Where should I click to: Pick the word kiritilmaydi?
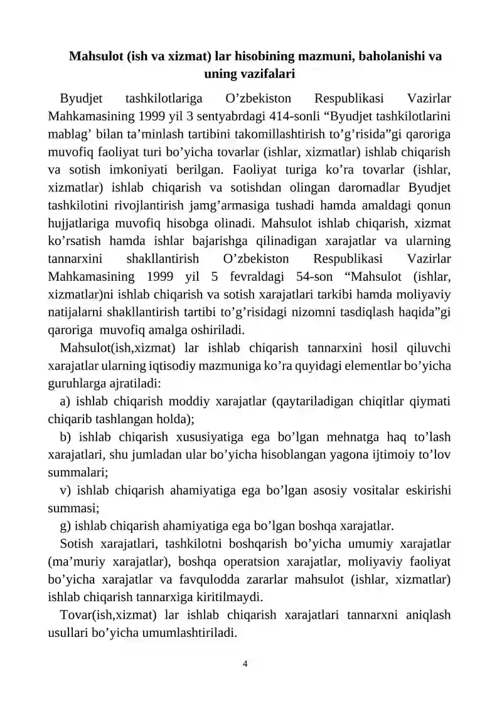coord(230,596)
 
